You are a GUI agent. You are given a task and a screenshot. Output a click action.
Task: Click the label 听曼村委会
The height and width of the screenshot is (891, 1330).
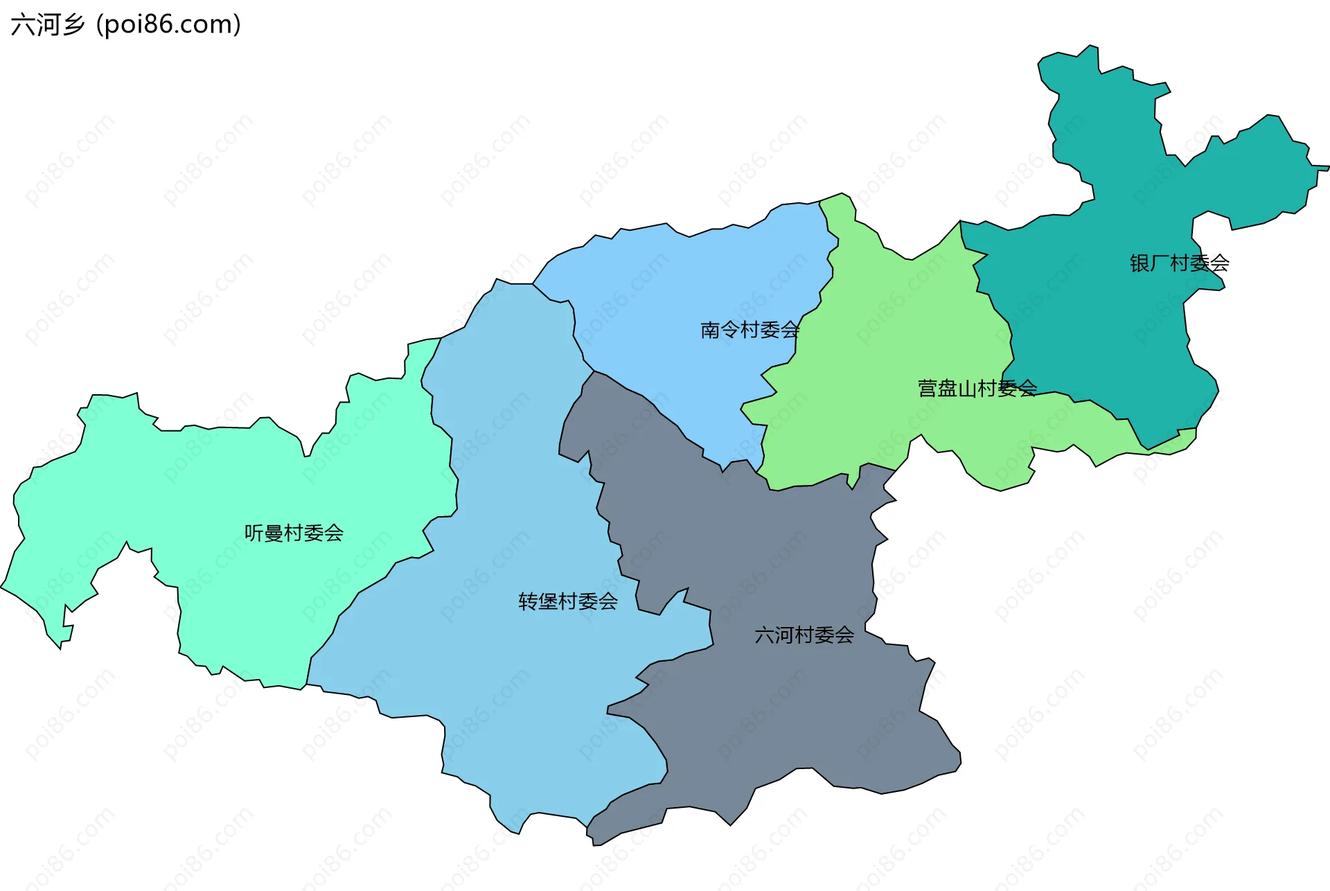click(294, 533)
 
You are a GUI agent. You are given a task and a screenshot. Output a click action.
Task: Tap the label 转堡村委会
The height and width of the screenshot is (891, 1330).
click(568, 601)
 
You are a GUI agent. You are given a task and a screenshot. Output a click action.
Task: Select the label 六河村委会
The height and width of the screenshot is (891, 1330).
click(804, 635)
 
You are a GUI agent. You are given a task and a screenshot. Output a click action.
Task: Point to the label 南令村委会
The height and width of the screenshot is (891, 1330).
click(750, 330)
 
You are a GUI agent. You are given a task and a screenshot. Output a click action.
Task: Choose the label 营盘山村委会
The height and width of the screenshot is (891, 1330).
click(977, 389)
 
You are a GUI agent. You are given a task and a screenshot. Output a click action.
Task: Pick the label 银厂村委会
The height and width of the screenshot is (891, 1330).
click(1179, 263)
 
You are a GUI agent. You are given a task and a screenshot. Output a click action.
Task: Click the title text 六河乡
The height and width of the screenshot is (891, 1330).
click(48, 25)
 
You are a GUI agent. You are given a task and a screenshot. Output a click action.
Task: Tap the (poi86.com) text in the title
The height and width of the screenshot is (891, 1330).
click(169, 25)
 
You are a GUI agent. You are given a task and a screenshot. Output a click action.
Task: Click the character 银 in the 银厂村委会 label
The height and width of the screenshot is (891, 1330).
click(1140, 263)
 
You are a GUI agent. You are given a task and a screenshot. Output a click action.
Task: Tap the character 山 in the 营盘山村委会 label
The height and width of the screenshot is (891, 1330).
click(967, 389)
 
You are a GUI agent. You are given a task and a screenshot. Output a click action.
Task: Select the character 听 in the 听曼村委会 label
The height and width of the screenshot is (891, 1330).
click(254, 533)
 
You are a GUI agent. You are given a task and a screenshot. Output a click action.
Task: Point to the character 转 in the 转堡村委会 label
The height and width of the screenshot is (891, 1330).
click(529, 601)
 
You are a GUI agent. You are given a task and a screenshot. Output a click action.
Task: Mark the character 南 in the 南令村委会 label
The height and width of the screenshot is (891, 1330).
click(710, 330)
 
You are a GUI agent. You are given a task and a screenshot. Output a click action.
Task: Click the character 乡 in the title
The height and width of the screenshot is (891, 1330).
click(73, 25)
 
